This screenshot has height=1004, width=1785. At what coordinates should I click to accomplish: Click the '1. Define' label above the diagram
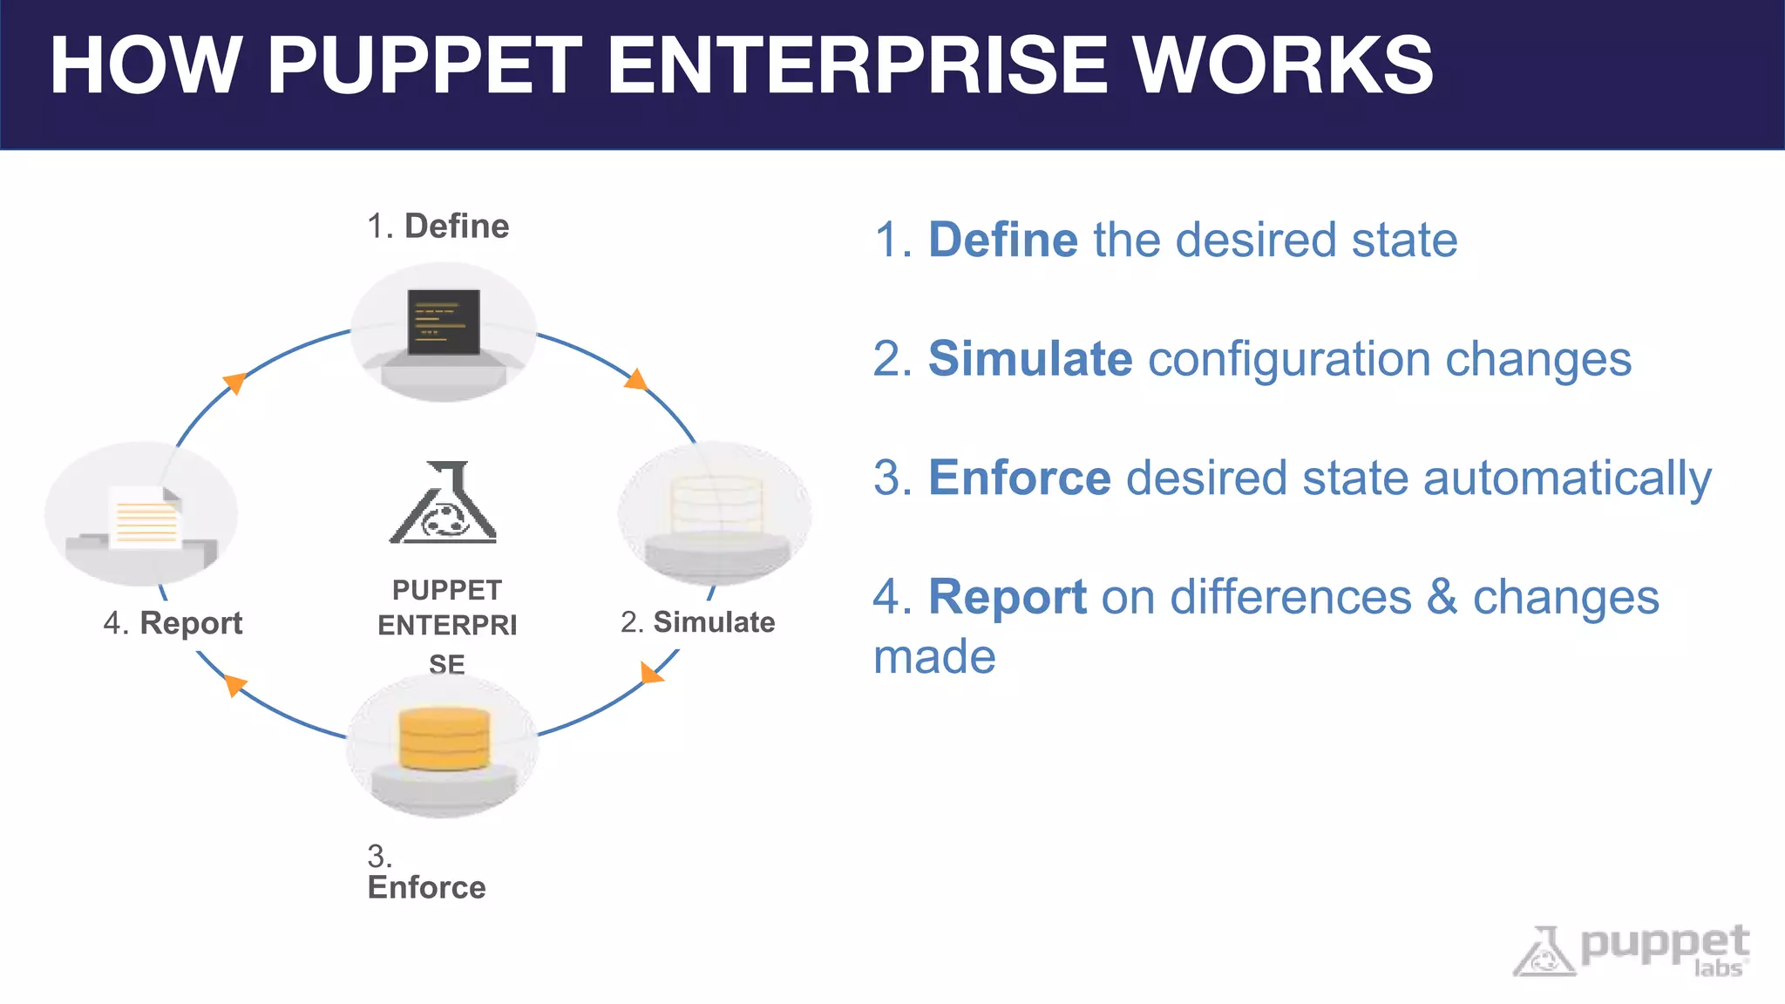pos(438,227)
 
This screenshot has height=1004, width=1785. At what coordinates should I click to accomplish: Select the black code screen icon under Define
pos(444,322)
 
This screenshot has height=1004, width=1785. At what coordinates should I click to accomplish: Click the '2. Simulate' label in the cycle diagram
pos(698,622)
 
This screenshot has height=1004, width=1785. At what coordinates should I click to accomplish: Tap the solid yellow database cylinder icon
pos(445,739)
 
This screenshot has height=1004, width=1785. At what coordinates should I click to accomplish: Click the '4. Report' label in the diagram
pos(173,623)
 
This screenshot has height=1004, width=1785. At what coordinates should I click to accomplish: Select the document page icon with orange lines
pos(145,518)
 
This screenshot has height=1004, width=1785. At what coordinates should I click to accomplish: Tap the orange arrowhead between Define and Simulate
pos(637,380)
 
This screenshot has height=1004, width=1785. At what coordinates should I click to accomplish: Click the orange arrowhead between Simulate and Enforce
pos(650,672)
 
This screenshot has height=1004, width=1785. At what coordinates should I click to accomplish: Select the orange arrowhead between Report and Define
pos(234,383)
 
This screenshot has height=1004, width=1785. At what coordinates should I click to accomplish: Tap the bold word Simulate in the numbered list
pos(1030,359)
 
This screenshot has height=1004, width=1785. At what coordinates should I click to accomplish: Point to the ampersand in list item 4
pos(1442,598)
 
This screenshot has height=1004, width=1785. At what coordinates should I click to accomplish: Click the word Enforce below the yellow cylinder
pos(426,887)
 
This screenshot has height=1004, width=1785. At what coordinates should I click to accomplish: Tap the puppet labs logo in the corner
pos(1631,951)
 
